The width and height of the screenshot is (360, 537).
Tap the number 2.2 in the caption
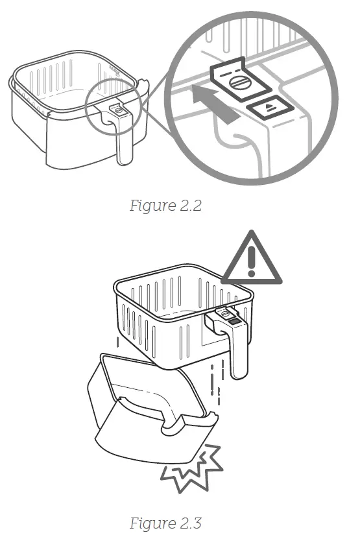point(189,206)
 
